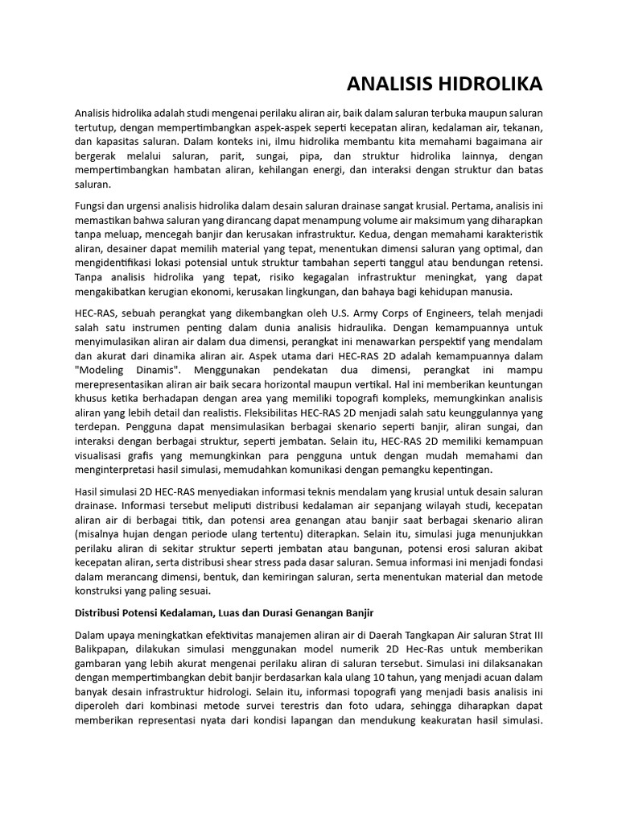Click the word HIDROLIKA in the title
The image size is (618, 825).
tap(491, 85)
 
